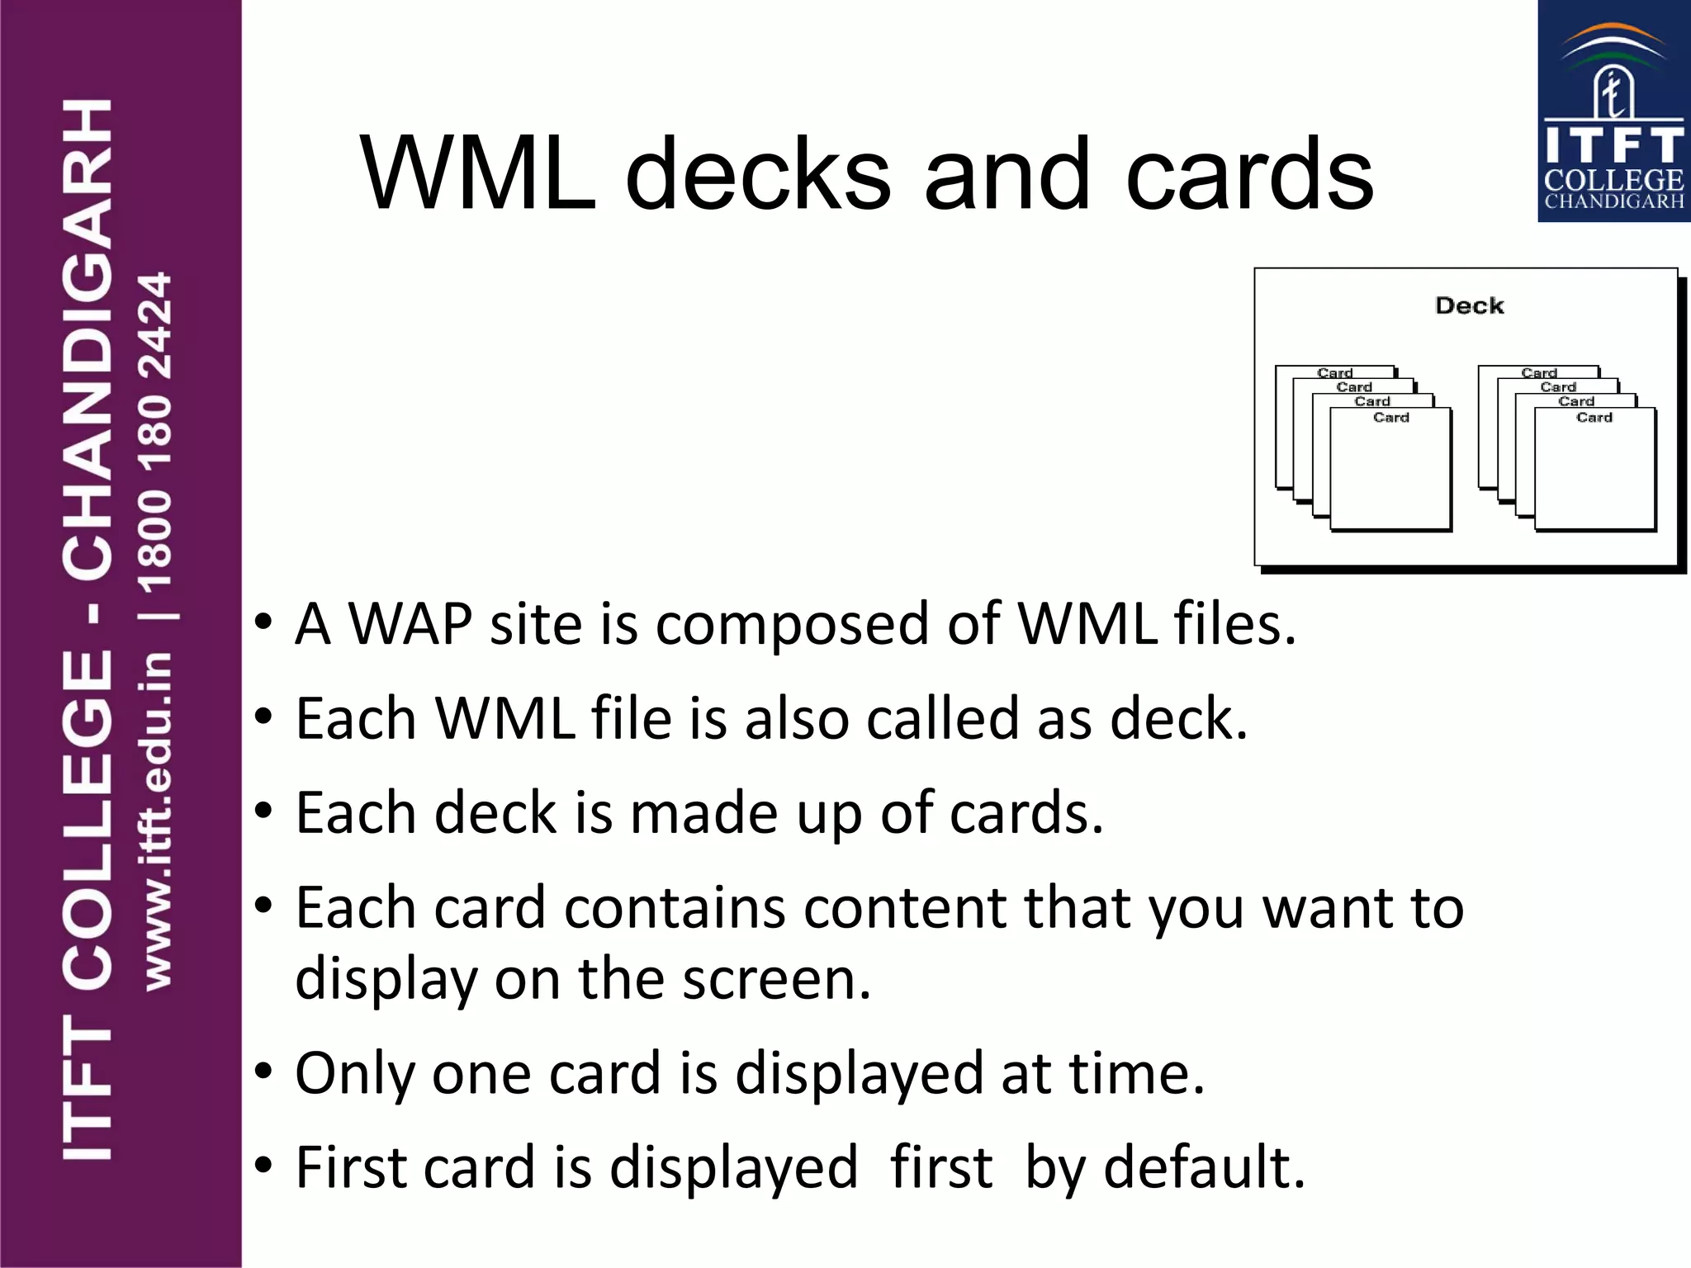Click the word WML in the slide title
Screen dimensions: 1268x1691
pyautogui.click(x=477, y=174)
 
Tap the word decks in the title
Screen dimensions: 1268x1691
pyautogui.click(x=758, y=174)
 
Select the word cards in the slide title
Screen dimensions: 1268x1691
pyautogui.click(x=1249, y=174)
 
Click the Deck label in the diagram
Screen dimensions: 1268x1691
pyautogui.click(x=1469, y=305)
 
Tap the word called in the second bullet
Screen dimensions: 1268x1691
pyautogui.click(x=942, y=718)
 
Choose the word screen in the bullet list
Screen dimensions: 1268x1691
pyautogui.click(x=776, y=980)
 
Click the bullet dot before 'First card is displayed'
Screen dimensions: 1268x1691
pyautogui.click(x=263, y=1166)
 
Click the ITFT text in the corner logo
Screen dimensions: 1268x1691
pyautogui.click(x=1613, y=145)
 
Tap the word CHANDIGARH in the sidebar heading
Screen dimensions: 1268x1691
pyautogui.click(x=88, y=338)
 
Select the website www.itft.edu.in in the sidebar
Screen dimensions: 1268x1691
pyautogui.click(x=157, y=821)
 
